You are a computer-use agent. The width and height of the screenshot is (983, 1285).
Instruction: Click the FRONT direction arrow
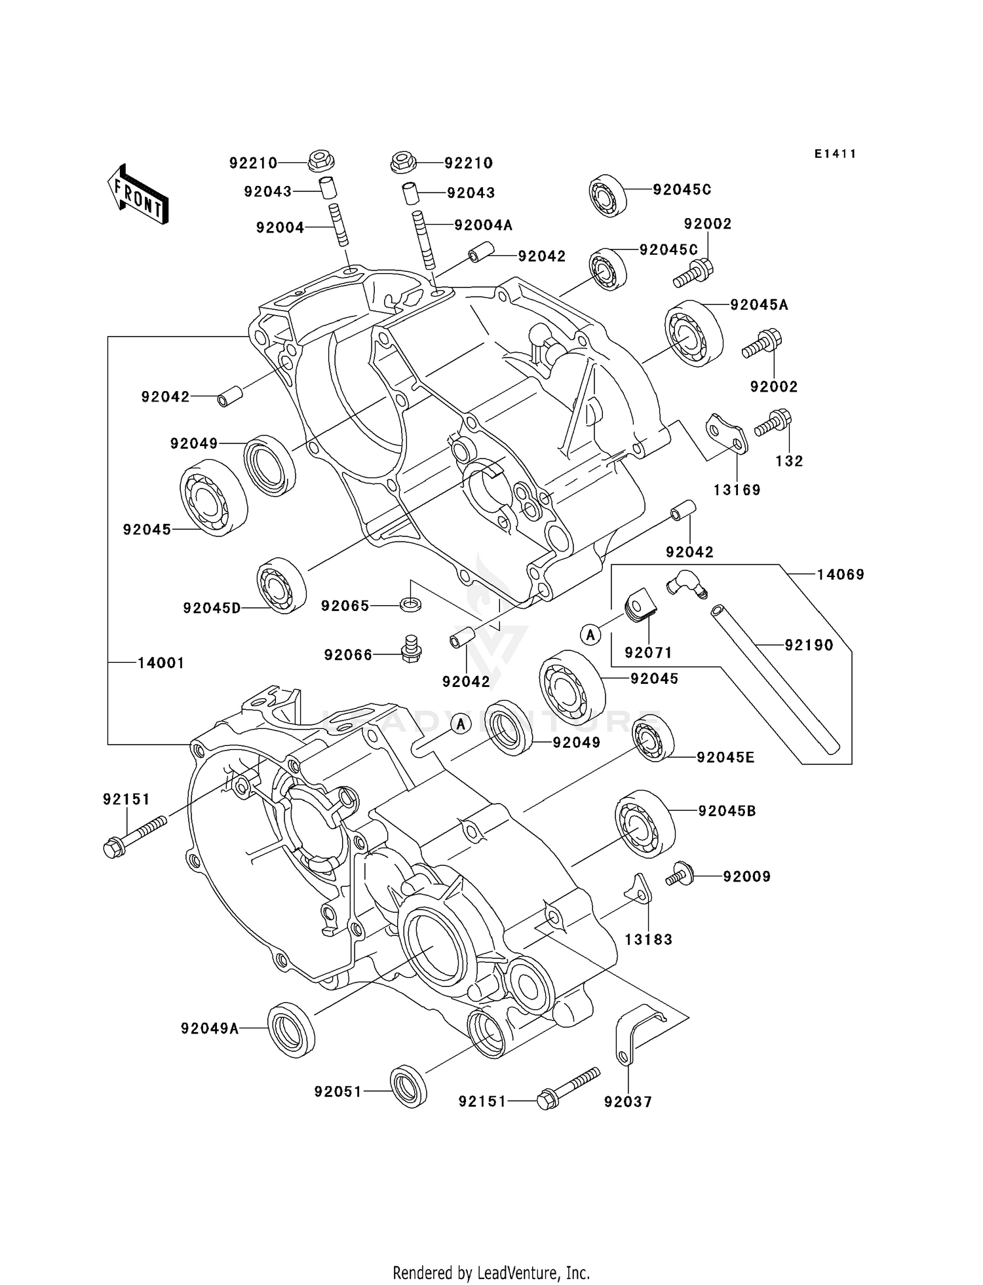[137, 195]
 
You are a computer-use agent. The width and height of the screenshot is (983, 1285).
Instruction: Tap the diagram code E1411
[835, 154]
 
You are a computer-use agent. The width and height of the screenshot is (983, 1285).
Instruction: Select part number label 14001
[161, 663]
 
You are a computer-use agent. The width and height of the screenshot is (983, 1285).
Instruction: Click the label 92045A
[759, 305]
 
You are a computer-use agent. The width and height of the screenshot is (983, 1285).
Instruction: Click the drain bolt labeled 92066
[411, 648]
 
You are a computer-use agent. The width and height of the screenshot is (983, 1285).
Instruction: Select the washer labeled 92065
[411, 603]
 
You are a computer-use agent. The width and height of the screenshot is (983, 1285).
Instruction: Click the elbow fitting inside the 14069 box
[684, 583]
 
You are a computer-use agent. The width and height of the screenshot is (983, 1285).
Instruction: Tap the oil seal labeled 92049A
[292, 1028]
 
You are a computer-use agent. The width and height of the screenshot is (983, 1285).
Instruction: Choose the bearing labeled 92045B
[645, 824]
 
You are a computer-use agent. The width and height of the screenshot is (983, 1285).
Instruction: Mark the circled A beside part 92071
[591, 634]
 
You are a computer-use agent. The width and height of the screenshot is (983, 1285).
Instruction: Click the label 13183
[648, 939]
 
